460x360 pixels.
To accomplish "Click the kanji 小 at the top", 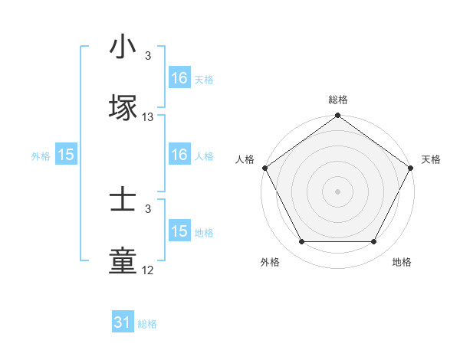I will pyautogui.click(x=123, y=47).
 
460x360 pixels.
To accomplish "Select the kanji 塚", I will pyautogui.click(x=123, y=106).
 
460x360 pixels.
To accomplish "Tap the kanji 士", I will pyautogui.click(x=123, y=201).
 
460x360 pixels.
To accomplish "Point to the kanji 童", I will pyautogui.click(x=123, y=261).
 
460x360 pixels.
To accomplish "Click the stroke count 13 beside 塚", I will pyautogui.click(x=148, y=117).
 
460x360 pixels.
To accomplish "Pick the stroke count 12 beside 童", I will pyautogui.click(x=148, y=271).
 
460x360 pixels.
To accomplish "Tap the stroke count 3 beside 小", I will pyautogui.click(x=148, y=56).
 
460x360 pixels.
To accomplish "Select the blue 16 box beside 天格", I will pyautogui.click(x=179, y=77).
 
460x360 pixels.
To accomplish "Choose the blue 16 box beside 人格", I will pyautogui.click(x=179, y=155).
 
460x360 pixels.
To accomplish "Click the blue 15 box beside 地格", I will pyautogui.click(x=179, y=231).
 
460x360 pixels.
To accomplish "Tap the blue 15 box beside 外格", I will pyautogui.click(x=66, y=155).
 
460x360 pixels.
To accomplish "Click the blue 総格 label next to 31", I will pyautogui.click(x=147, y=324).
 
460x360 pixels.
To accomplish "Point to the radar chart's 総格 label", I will pyautogui.click(x=337, y=100).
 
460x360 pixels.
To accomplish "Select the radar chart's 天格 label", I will pyautogui.click(x=431, y=159).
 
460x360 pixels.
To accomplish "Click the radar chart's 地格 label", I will pyautogui.click(x=402, y=262).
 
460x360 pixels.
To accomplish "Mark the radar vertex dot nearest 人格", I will pyautogui.click(x=264, y=168).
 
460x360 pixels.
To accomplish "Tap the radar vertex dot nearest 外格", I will pyautogui.click(x=301, y=242).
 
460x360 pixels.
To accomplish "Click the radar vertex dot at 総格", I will pyautogui.click(x=337, y=116).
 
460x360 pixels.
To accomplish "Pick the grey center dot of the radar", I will pyautogui.click(x=337, y=191).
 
